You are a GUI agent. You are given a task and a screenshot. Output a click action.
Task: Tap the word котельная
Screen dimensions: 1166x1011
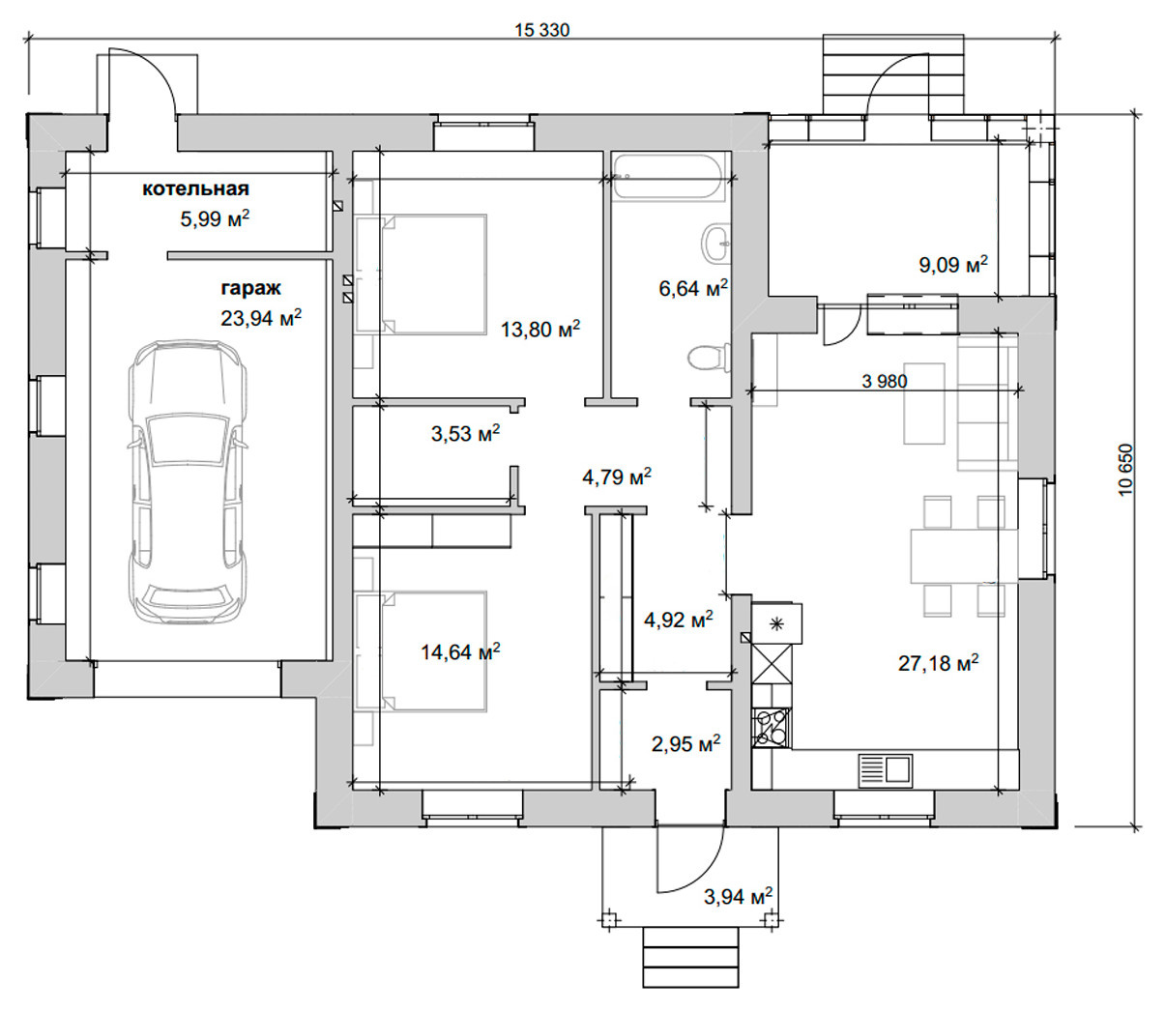[x=195, y=188]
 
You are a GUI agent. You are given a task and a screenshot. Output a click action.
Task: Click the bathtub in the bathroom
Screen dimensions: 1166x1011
[x=670, y=176]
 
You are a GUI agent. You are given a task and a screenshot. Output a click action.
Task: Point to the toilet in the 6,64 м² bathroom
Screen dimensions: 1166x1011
[x=709, y=359]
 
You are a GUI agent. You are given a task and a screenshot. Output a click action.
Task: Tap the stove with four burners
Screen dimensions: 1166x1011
[x=772, y=728]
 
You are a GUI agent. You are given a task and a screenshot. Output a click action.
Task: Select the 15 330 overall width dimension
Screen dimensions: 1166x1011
[x=542, y=30]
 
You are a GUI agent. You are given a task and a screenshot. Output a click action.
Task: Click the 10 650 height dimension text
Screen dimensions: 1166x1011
[x=1125, y=470]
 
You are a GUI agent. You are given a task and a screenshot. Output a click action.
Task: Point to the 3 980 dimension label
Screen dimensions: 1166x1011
[x=884, y=381]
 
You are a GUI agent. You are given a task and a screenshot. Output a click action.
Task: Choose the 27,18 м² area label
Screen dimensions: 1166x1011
[x=939, y=663]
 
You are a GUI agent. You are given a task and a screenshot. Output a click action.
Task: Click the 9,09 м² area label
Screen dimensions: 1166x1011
[x=953, y=264]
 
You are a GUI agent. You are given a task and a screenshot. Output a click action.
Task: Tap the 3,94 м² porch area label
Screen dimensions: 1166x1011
[x=738, y=897]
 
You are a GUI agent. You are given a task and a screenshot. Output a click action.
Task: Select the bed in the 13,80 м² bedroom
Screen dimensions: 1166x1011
[x=422, y=274]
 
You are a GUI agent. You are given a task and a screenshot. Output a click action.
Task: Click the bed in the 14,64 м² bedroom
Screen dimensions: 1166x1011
[x=422, y=651]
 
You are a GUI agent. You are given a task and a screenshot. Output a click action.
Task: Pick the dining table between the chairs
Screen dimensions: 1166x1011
[x=964, y=556]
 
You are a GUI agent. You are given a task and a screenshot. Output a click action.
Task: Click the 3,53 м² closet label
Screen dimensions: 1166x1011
[x=466, y=434]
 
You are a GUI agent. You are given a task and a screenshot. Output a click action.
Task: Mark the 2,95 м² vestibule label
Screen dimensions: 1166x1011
[x=685, y=744]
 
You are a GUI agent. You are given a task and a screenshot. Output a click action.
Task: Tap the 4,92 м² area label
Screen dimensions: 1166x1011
[x=678, y=620]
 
